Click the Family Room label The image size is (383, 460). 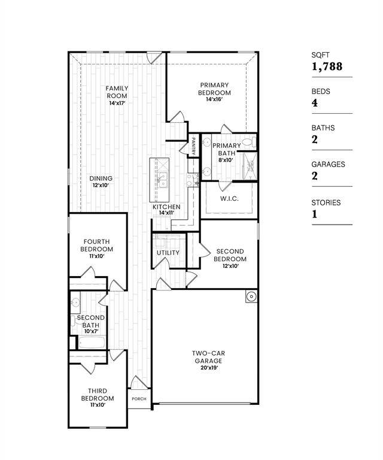tap(117, 92)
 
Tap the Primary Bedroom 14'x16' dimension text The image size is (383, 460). tap(214, 99)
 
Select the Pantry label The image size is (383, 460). tap(194, 146)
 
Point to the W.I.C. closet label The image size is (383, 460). tap(229, 198)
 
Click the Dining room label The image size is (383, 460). tap(101, 178)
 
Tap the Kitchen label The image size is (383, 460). tap(166, 207)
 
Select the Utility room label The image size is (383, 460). tap(168, 253)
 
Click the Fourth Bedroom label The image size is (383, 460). tap(98, 245)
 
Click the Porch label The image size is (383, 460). tap(139, 399)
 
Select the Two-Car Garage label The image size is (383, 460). tap(208, 358)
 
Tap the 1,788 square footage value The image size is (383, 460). tap(327, 66)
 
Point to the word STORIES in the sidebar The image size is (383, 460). tap(326, 202)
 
